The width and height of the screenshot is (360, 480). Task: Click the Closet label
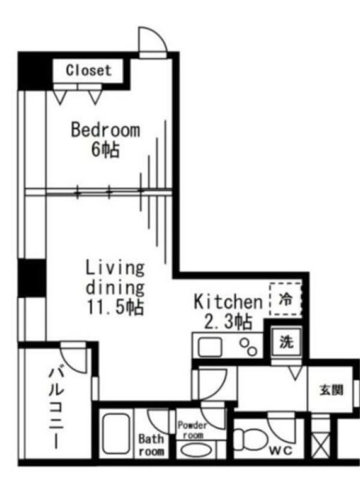(x=88, y=70)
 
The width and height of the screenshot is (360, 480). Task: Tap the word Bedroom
(x=106, y=130)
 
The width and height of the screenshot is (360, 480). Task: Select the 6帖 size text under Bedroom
(x=106, y=149)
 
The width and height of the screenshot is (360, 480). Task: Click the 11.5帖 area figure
(x=115, y=307)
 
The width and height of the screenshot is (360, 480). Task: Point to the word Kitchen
(x=229, y=302)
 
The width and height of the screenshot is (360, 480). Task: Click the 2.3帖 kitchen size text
(x=229, y=322)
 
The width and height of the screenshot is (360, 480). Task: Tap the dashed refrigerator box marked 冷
(x=286, y=299)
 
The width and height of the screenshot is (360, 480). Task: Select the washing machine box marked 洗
(x=287, y=342)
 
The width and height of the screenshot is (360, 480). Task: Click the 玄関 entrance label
(x=331, y=391)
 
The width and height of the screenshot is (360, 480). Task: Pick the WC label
(x=281, y=451)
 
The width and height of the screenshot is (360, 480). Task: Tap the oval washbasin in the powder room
(x=196, y=451)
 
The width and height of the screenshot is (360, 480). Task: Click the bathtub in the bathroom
(x=115, y=433)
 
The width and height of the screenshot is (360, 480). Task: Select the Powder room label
(x=192, y=430)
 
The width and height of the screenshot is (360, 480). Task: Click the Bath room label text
(x=151, y=445)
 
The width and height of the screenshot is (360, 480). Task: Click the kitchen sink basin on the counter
(x=209, y=347)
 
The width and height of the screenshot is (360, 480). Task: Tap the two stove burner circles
(x=248, y=347)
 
